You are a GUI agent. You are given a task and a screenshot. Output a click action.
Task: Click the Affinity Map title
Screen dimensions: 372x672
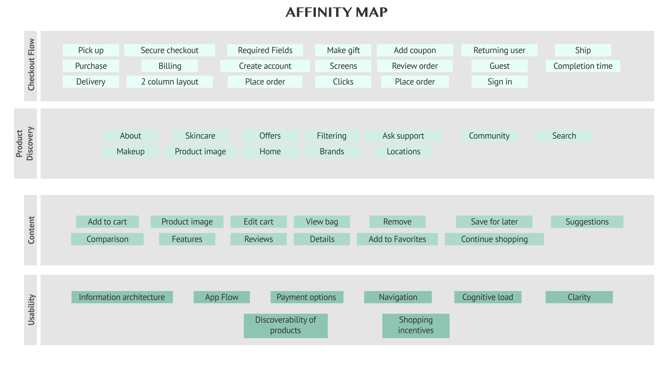(336, 12)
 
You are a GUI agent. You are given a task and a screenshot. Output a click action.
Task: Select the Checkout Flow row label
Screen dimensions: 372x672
(31, 65)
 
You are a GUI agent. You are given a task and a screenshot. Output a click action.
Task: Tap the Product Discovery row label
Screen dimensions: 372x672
(25, 144)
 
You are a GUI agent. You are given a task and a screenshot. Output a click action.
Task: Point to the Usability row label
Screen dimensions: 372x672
(31, 310)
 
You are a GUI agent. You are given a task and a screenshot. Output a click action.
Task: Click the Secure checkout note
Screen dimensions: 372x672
(169, 50)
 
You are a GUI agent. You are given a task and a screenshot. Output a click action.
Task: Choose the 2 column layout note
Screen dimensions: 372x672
(169, 82)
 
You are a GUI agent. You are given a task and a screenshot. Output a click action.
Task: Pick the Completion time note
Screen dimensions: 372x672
(583, 66)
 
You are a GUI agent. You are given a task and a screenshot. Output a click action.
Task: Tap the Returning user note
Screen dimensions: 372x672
(499, 50)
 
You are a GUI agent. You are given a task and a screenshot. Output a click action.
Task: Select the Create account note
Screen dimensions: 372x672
(265, 66)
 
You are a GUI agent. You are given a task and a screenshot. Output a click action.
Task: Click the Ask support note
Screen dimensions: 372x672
(403, 136)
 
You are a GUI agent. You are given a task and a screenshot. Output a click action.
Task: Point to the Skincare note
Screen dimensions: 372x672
(200, 136)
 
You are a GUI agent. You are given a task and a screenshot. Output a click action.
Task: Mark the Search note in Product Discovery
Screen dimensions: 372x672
(564, 136)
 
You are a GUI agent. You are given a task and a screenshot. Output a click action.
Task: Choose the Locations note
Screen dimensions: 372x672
(403, 152)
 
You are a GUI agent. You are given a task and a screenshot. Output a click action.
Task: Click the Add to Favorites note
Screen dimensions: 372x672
(397, 239)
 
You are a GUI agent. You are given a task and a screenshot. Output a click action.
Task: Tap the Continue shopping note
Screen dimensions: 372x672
(494, 239)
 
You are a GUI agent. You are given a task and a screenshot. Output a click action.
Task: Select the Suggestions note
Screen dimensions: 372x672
(587, 222)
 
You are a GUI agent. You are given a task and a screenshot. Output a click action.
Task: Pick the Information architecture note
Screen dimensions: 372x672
(122, 297)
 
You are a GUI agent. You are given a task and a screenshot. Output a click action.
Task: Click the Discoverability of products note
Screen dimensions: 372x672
(285, 325)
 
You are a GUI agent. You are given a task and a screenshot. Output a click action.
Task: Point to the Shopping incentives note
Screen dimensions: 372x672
(416, 325)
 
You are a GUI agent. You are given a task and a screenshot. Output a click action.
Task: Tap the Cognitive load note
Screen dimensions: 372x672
(488, 297)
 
